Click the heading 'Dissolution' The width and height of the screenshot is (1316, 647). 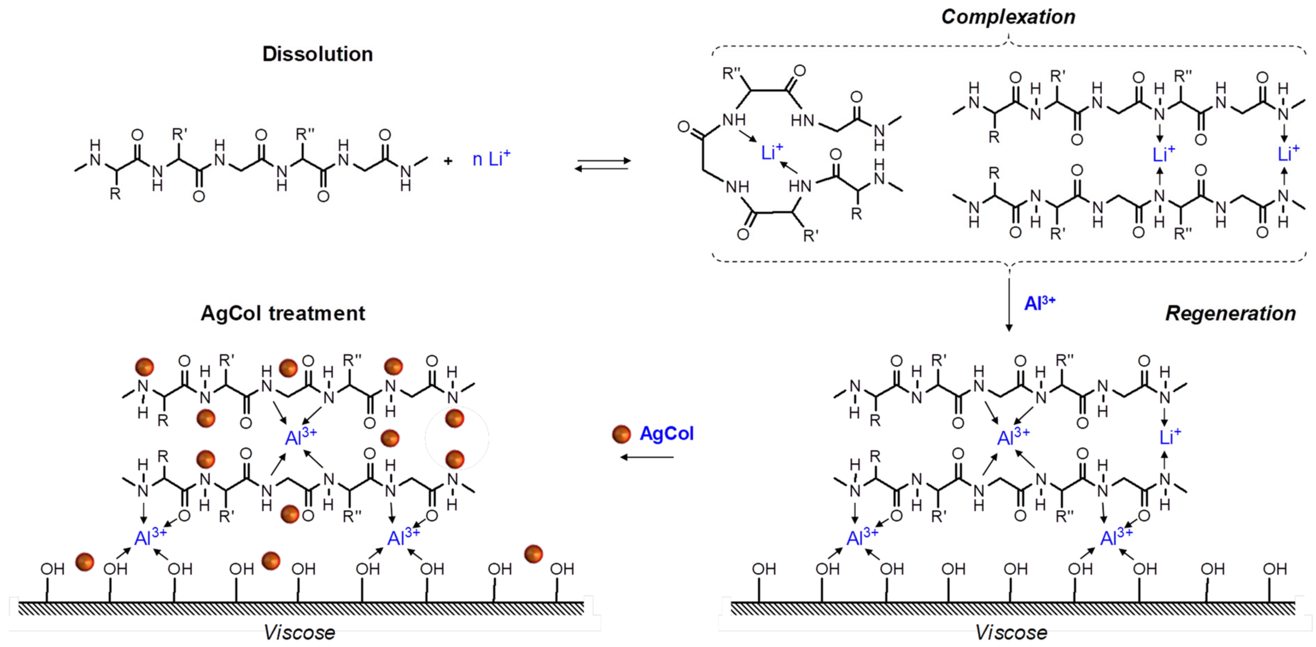coord(317,54)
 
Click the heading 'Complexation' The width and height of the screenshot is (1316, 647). coord(1008,17)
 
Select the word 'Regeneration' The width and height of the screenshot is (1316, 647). coord(1230,313)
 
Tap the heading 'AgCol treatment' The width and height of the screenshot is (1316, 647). coord(283,313)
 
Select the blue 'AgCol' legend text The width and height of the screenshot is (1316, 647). coord(666,434)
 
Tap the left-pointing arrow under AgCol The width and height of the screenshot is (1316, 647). coord(647,457)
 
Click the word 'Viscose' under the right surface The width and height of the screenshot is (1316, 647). coord(1011,632)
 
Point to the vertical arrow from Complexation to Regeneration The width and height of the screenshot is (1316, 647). coord(1008,304)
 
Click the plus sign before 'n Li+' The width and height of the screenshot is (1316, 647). coord(448,161)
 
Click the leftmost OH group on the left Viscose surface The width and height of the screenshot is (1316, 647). coord(52,568)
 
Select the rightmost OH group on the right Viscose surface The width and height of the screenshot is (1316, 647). coord(1274,568)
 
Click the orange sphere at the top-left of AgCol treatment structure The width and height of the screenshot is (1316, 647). coord(144,366)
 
